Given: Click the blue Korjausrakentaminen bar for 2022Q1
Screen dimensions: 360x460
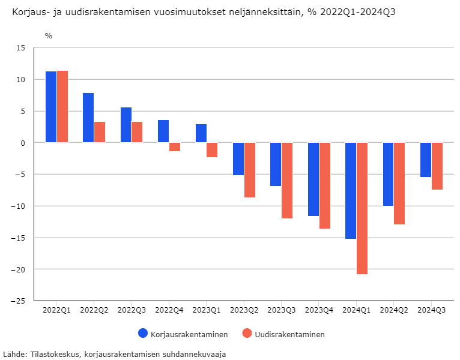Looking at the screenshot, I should tap(51, 107).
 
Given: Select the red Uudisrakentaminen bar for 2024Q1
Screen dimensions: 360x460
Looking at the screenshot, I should tap(362, 208).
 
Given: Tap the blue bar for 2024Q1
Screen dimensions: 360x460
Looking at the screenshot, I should tap(351, 191).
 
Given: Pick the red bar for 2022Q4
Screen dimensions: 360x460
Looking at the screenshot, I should tap(175, 147).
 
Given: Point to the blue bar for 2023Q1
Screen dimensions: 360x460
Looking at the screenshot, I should tap(201, 133).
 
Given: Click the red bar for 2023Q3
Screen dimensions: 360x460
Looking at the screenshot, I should tap(287, 181).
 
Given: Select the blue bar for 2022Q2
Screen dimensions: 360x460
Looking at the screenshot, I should tap(88, 118).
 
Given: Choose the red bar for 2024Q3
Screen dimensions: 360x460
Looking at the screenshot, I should tap(437, 166).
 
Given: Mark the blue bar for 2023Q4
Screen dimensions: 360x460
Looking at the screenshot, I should tap(313, 179).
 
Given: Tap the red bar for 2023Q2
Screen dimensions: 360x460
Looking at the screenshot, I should tap(250, 170).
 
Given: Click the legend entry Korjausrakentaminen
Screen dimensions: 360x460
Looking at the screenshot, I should tap(183, 334).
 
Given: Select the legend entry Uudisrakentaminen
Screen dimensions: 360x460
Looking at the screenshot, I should tap(283, 334).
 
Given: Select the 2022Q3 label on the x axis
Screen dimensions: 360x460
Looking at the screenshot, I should tap(132, 310).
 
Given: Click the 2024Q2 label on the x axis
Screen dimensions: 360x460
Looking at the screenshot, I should tap(394, 310).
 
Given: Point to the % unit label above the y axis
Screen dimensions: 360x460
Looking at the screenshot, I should tap(49, 36).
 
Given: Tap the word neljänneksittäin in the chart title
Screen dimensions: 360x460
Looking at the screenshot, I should tap(273, 13).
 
